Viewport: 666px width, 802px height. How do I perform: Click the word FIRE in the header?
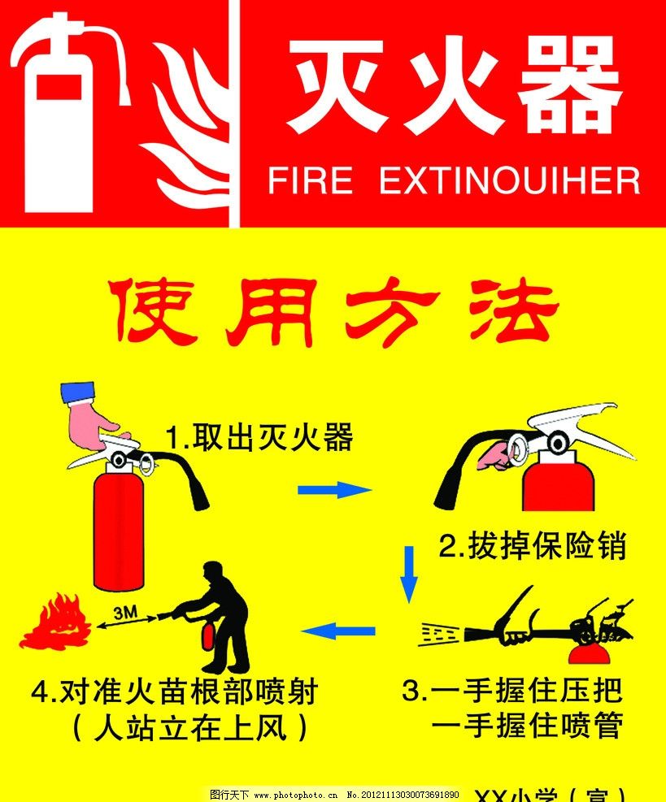tap(310, 181)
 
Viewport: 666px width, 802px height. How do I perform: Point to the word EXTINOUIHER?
tap(510, 181)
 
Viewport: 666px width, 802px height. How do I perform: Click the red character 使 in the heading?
tap(155, 313)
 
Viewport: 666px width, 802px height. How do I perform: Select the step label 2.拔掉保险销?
tap(533, 547)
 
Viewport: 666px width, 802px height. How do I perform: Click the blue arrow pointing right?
tap(334, 489)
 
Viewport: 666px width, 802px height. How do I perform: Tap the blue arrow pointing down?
tap(410, 574)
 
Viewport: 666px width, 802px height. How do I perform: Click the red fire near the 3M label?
tap(54, 624)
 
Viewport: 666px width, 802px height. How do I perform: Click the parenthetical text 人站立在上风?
tap(190, 726)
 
